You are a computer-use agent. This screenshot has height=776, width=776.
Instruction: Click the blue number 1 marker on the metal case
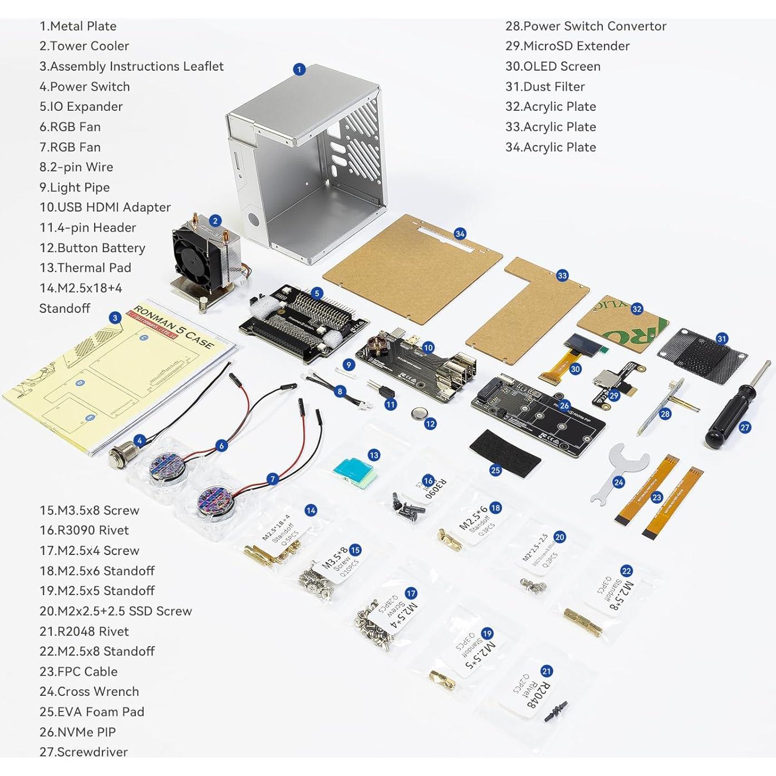click(299, 70)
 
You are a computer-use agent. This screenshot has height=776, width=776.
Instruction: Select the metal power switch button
click(121, 456)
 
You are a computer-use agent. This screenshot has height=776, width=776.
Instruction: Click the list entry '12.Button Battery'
click(92, 248)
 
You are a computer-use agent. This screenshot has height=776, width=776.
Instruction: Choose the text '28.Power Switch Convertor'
click(585, 26)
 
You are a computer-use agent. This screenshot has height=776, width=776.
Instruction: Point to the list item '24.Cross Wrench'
click(89, 691)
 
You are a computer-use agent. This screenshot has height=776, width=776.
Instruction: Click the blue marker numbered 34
click(460, 234)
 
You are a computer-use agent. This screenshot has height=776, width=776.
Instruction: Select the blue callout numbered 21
click(546, 671)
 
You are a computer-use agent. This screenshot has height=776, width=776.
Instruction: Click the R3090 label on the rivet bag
click(435, 488)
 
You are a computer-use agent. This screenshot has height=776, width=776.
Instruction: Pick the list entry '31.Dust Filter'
click(544, 86)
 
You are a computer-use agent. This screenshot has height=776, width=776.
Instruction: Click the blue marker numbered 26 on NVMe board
click(564, 406)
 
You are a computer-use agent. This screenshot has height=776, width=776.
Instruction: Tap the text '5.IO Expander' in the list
click(81, 106)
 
